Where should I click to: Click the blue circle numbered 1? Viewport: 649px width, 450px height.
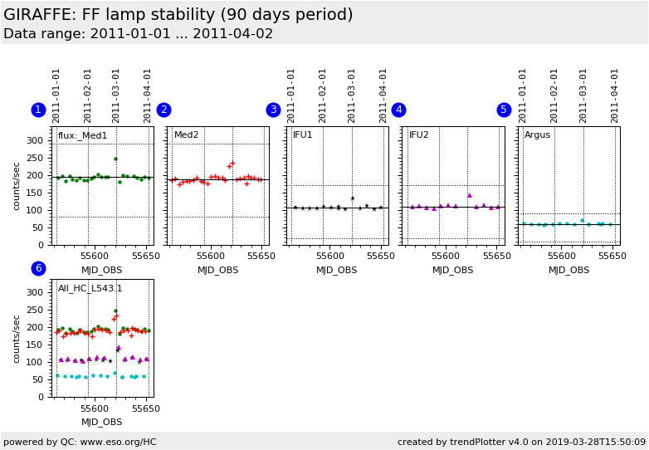pyautogui.click(x=38, y=110)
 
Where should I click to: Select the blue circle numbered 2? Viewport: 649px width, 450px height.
pyautogui.click(x=163, y=110)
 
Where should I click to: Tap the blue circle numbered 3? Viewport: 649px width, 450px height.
pyautogui.click(x=273, y=110)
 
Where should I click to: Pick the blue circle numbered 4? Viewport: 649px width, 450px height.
pyautogui.click(x=398, y=110)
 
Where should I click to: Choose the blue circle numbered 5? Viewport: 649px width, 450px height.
pyautogui.click(x=504, y=110)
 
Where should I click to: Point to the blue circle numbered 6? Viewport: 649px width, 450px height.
pyautogui.click(x=38, y=268)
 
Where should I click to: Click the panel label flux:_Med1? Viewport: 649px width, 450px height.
pyautogui.click(x=82, y=135)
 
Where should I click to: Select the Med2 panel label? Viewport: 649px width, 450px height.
pyautogui.click(x=186, y=135)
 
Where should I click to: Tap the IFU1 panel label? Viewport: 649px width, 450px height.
pyautogui.click(x=302, y=135)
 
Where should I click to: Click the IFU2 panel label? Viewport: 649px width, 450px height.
pyautogui.click(x=418, y=135)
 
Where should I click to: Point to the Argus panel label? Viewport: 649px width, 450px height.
pyautogui.click(x=537, y=135)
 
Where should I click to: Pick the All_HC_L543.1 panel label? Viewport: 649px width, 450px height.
pyautogui.click(x=90, y=289)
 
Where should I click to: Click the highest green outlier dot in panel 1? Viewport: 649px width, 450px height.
pyautogui.click(x=115, y=159)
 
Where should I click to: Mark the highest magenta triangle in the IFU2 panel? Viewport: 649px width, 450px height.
pyautogui.click(x=469, y=195)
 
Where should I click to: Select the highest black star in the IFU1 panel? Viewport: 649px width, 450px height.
pyautogui.click(x=352, y=198)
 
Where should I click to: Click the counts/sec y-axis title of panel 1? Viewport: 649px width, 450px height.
pyautogui.click(x=17, y=186)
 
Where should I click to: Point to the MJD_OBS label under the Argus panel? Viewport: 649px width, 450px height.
pyautogui.click(x=569, y=270)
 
